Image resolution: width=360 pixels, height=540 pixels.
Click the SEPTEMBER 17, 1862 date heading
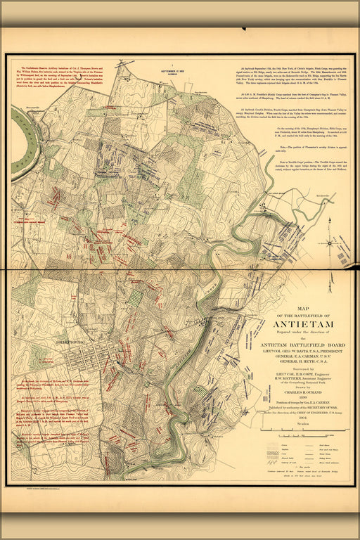[x=170, y=72]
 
